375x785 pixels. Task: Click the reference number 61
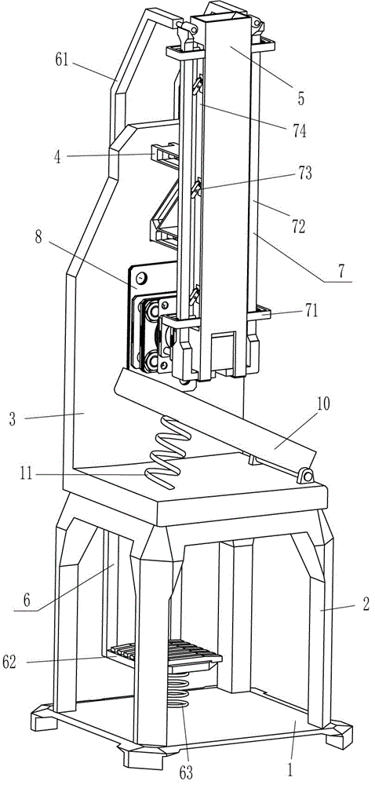click(62, 60)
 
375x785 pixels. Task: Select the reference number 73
click(304, 173)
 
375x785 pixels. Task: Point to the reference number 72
click(298, 226)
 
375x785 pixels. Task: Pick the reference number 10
click(323, 404)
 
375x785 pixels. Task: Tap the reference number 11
click(26, 473)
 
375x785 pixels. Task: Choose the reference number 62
click(9, 662)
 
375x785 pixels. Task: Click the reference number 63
click(186, 772)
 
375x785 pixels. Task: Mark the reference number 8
click(38, 237)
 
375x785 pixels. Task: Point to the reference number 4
click(57, 157)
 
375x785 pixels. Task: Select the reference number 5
click(300, 99)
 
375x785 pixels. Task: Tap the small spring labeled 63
click(179, 689)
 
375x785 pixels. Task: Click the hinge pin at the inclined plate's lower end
click(305, 475)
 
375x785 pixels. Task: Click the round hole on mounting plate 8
click(141, 277)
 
